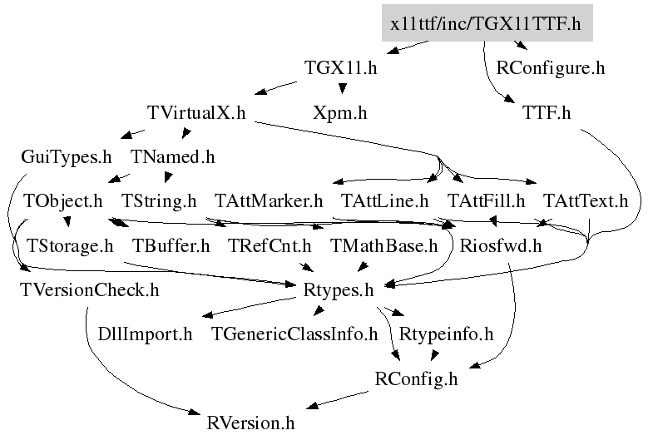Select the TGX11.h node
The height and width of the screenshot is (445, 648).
[x=341, y=68]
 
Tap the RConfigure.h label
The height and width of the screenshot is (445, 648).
[x=550, y=68]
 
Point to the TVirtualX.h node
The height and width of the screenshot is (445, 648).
[x=195, y=112]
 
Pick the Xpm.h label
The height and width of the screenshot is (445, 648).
[x=339, y=112]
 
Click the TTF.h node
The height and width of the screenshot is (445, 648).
[x=546, y=112]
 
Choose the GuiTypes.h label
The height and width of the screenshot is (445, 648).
[x=67, y=156]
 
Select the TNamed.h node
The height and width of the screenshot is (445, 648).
[x=172, y=156]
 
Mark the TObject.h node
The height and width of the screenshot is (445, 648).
[x=63, y=200]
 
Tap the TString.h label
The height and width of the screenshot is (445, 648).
[x=159, y=200]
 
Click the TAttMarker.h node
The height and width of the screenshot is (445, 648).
[x=268, y=200]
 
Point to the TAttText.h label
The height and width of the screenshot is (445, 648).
[x=586, y=200]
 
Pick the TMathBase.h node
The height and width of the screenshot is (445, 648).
[x=383, y=245]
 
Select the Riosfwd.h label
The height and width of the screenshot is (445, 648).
[x=500, y=245]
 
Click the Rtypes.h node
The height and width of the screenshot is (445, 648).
[x=339, y=289]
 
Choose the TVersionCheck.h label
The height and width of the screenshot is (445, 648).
[x=89, y=289]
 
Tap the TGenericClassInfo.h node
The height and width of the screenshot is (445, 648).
[x=294, y=334]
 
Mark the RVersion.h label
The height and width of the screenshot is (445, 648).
[x=250, y=423]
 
